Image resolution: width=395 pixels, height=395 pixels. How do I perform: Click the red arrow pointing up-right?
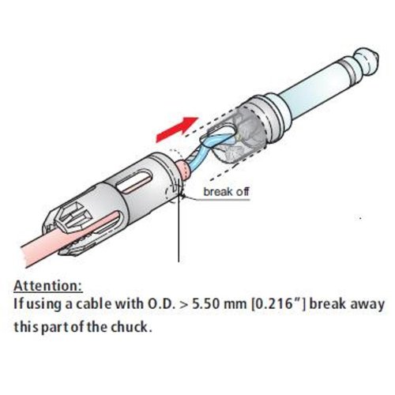click(x=177, y=130)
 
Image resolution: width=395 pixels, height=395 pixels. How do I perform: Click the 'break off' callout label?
click(x=226, y=191)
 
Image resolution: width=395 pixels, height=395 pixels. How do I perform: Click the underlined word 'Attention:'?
click(x=48, y=286)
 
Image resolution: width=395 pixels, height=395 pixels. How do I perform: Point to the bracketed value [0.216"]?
click(x=279, y=304)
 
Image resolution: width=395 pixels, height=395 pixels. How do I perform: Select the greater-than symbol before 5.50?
click(x=184, y=305)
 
